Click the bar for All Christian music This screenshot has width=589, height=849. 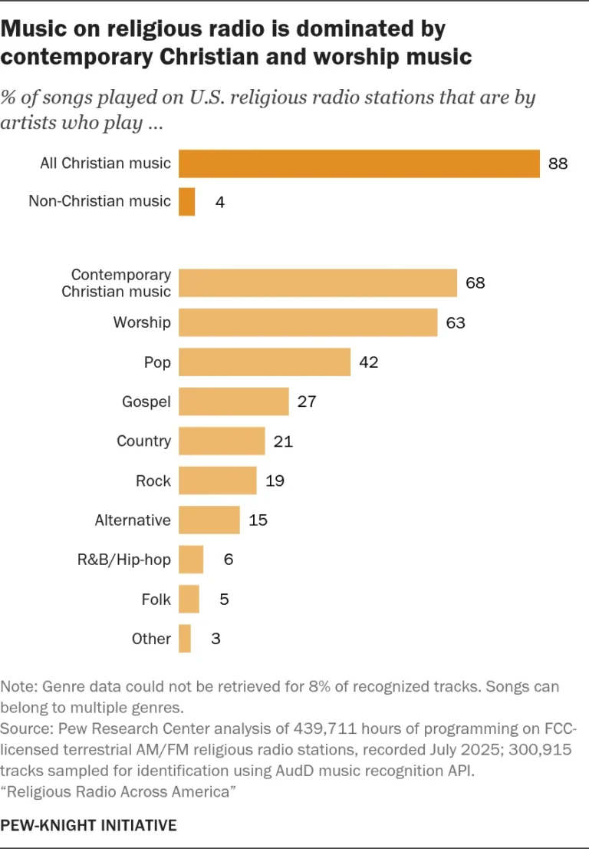359,164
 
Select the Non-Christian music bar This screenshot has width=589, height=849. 187,202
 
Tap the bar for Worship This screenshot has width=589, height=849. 308,322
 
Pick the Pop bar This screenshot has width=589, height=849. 265,362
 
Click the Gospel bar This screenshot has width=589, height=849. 234,401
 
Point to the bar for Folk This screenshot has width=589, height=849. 189,599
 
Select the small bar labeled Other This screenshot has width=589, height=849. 185,639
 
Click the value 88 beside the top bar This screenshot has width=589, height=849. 558,164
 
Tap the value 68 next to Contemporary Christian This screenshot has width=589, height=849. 475,282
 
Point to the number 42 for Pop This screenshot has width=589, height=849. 369,362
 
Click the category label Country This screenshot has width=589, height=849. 143,441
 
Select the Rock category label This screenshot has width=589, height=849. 153,481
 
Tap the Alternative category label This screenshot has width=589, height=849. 133,520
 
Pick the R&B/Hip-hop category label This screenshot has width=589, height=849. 123,560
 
